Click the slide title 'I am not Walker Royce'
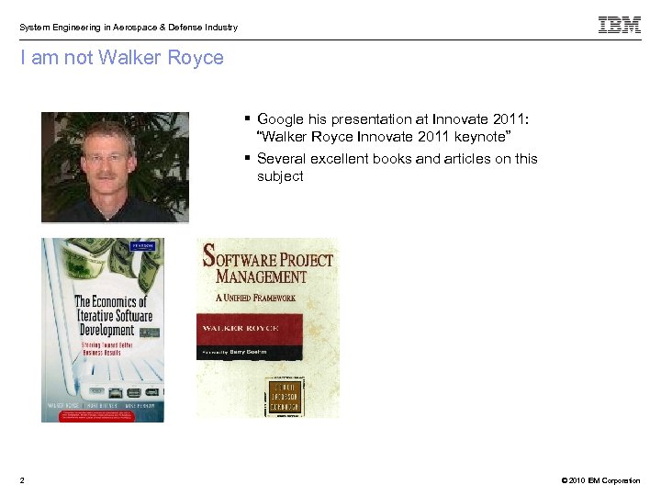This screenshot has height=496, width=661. (122, 58)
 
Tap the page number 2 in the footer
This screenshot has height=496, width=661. (22, 480)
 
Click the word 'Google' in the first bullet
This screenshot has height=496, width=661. (281, 119)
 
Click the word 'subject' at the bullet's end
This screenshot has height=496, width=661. (280, 176)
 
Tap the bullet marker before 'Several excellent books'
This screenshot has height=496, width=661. (248, 158)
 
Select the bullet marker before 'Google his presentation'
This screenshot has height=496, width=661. (248, 118)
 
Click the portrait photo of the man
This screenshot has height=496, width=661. (115, 167)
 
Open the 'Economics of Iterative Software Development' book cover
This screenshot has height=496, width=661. (102, 330)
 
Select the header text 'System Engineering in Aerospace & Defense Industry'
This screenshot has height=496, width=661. (129, 28)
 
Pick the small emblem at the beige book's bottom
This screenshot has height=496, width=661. (290, 396)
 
